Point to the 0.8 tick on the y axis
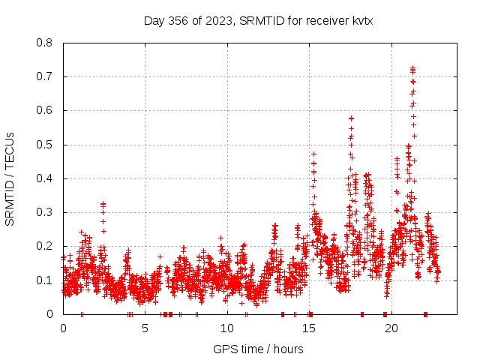coord(46,43)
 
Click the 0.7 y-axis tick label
coord(46,76)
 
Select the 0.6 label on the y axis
coord(46,110)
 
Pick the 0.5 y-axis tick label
coord(46,145)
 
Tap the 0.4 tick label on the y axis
coord(46,178)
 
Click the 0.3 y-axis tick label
coord(46,212)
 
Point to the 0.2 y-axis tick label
coord(46,246)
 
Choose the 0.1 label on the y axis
coord(46,280)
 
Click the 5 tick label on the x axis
coord(145,328)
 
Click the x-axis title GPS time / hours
coord(258,349)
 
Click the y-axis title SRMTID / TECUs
coord(10,178)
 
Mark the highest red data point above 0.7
coord(412,68)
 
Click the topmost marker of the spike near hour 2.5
coord(103,204)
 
